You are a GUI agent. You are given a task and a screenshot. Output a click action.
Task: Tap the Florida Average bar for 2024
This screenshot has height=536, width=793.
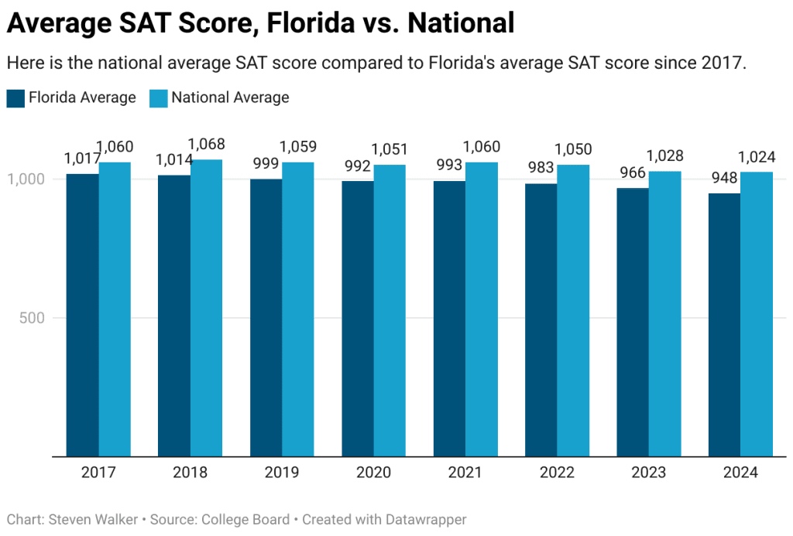tap(724, 324)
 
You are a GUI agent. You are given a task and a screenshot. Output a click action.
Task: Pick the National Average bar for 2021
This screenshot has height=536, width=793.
tap(482, 309)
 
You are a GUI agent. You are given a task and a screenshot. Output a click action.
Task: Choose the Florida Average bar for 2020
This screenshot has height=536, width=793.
tap(358, 318)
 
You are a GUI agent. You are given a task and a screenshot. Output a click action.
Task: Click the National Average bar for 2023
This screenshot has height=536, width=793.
tap(665, 313)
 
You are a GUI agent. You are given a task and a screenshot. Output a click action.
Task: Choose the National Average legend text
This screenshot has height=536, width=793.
tap(230, 97)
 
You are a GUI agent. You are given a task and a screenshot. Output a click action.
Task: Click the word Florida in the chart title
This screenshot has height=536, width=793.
tap(311, 24)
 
